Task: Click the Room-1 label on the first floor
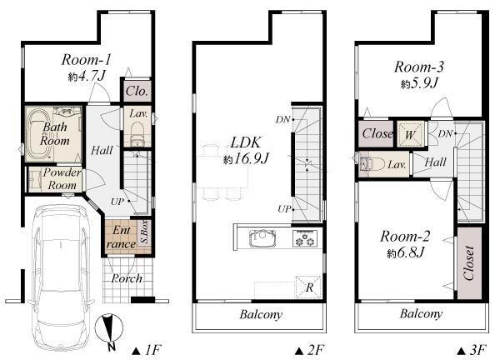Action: pos(86,59)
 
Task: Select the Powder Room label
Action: pos(63,178)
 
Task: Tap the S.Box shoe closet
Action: pos(143,231)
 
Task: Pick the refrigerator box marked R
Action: pos(309,286)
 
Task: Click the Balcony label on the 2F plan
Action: pos(261,315)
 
